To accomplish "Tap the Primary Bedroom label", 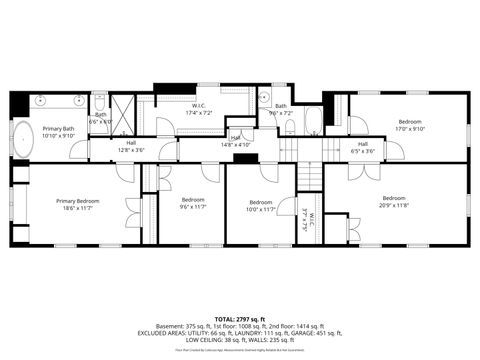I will (76, 203).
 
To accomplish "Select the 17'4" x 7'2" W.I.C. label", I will (199, 109).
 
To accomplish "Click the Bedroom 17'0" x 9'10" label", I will (409, 125).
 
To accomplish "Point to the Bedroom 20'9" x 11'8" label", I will (394, 201).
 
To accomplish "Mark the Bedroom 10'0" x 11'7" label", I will (261, 205).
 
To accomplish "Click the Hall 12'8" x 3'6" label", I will (131, 146).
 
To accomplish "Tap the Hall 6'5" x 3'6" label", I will (363, 147).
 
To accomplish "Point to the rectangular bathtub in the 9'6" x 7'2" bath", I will (312, 124).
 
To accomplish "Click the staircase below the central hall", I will (311, 177).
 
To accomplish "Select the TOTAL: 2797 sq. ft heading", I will (240, 318).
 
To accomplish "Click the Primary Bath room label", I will (58, 131).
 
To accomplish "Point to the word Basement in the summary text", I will (149, 326).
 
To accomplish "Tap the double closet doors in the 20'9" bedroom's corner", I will (353, 229).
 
